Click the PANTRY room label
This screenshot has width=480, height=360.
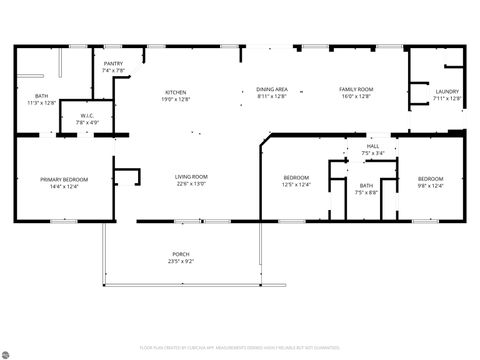coord(113,63)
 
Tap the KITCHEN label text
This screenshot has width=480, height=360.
coord(176,90)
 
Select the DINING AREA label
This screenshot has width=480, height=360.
coord(272,89)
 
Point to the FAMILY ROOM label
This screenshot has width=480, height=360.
coord(355,89)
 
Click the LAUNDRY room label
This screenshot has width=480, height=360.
coord(447,91)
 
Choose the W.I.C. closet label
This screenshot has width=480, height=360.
coord(87,115)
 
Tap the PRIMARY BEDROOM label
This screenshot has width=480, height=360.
coord(64,179)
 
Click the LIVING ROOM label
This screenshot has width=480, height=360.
coord(191,176)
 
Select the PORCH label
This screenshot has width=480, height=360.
coord(180,254)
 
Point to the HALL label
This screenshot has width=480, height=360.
coord(372,147)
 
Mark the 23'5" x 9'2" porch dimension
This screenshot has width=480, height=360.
coord(180,261)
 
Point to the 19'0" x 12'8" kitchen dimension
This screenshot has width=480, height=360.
coord(176,97)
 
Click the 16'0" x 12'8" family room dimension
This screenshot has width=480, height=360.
coord(355,96)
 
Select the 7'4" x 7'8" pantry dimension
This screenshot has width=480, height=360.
coord(113,70)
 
